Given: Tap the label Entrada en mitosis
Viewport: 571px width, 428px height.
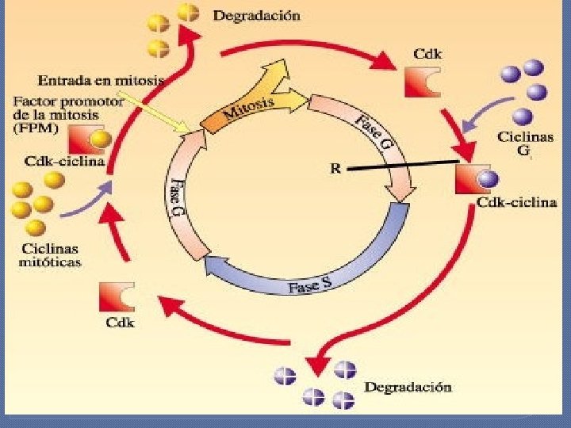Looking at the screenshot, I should point(101,79).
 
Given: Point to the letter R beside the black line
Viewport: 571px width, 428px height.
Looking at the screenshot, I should point(335,167).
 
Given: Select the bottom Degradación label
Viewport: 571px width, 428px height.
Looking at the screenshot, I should point(408,388).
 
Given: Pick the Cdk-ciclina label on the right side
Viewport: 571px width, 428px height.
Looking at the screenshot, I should point(518,203).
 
